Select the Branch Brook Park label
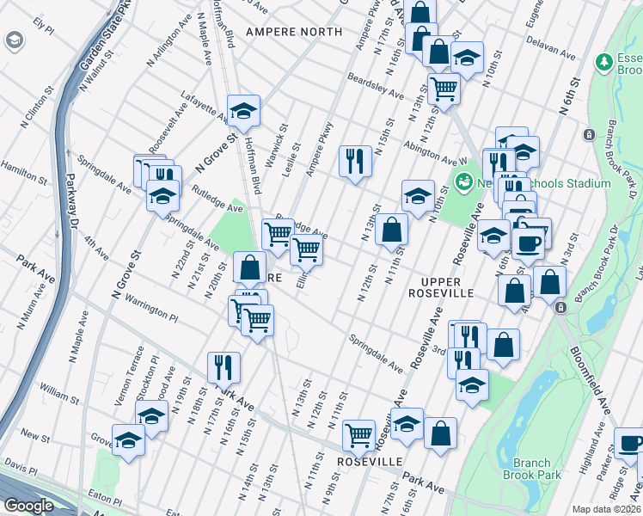point(531,469)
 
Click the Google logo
point(28,506)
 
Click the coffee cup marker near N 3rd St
point(527,243)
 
